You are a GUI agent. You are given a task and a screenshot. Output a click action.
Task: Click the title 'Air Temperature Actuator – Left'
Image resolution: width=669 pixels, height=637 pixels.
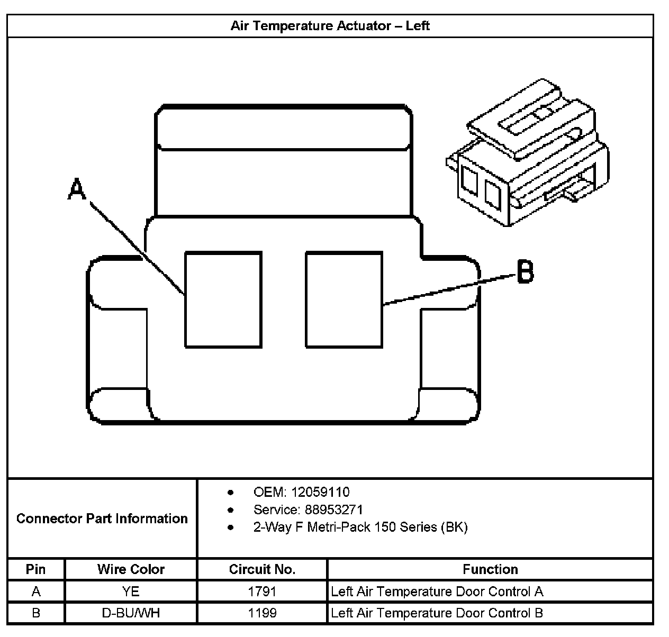click(x=330, y=26)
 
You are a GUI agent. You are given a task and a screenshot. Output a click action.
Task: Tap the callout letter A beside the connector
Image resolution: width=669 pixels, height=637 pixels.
click(x=77, y=189)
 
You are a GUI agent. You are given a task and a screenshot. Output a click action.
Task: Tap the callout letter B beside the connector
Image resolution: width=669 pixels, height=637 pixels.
click(x=525, y=271)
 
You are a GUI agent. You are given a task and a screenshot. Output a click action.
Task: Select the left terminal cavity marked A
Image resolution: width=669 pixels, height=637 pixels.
click(x=223, y=299)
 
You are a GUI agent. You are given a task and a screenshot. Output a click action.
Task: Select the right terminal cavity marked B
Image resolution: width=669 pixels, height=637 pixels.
click(x=344, y=299)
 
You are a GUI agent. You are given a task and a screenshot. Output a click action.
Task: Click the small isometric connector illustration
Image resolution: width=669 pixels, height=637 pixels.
click(x=528, y=152)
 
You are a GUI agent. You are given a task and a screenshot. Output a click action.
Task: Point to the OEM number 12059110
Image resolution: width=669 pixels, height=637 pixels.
click(x=320, y=492)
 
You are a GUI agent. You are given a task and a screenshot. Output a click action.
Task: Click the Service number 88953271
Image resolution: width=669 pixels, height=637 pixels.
click(x=334, y=509)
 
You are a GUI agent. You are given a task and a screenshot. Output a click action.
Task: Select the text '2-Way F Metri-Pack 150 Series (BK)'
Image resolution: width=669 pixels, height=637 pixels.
click(x=360, y=527)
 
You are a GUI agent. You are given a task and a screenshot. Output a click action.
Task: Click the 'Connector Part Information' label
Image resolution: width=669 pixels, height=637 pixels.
click(x=102, y=518)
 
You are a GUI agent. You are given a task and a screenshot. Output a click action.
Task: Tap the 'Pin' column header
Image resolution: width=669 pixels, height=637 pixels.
click(x=36, y=569)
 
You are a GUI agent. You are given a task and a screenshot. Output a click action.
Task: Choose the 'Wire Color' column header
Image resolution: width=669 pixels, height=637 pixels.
click(x=131, y=569)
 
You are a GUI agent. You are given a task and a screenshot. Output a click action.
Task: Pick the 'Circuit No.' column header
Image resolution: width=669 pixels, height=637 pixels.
click(x=262, y=569)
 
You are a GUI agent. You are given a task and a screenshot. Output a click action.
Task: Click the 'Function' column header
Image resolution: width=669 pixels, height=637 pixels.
click(x=490, y=569)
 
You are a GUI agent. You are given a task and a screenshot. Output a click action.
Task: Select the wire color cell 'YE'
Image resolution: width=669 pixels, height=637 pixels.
click(x=131, y=592)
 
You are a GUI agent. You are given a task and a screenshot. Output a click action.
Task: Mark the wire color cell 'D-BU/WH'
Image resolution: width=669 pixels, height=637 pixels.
click(x=131, y=613)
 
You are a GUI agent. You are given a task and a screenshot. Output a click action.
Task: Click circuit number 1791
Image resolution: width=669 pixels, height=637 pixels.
click(x=262, y=592)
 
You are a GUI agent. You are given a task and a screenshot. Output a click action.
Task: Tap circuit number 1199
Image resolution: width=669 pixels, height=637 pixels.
click(x=262, y=613)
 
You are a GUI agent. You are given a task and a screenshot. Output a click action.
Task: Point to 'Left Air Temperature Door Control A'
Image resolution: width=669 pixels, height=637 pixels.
click(x=437, y=592)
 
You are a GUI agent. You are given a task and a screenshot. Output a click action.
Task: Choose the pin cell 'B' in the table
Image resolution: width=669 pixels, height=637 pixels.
click(x=36, y=613)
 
